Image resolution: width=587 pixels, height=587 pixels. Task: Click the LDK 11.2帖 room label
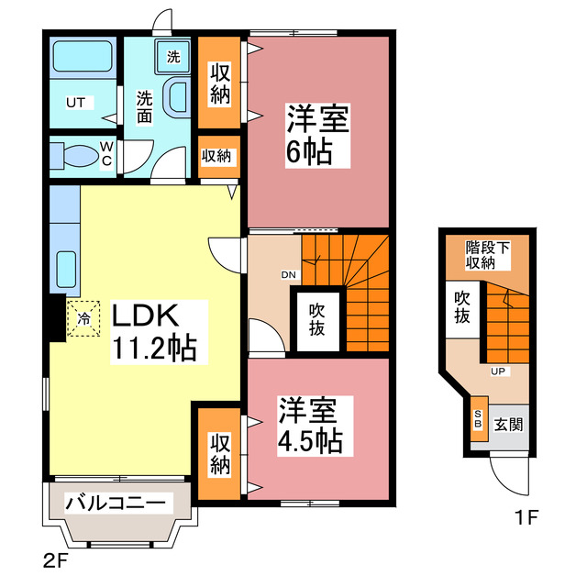(x=153, y=332)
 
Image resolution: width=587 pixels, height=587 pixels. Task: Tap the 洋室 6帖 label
(x=308, y=135)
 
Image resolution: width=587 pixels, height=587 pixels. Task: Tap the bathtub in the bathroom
(x=81, y=61)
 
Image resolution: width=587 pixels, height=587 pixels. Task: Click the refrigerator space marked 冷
(x=84, y=320)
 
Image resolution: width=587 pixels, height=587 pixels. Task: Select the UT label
(x=74, y=103)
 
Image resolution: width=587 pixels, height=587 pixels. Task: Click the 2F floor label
(x=56, y=557)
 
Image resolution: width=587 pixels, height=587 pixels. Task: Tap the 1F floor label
(x=526, y=516)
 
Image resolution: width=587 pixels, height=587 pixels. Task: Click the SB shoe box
(x=478, y=420)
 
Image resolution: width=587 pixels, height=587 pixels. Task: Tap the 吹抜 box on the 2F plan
(x=316, y=318)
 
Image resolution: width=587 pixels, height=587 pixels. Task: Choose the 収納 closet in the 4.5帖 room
(x=218, y=453)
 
